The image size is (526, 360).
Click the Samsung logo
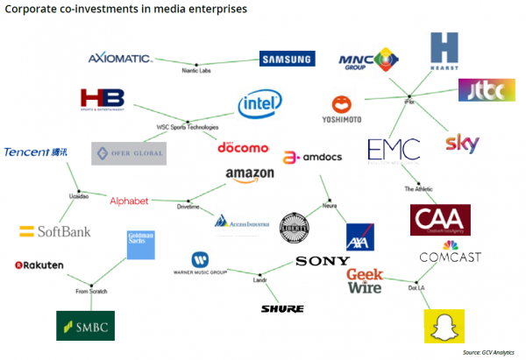286,60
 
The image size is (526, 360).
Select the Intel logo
259,106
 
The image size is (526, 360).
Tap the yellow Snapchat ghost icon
443,326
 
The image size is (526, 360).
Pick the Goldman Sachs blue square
140,244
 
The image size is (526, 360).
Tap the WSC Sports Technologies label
187,127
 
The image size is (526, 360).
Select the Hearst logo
444,53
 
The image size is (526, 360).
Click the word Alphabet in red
129,201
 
